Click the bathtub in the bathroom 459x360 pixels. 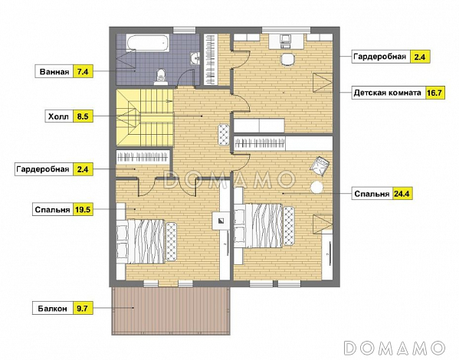click(x=148, y=44)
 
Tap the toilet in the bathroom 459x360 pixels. click(x=160, y=77)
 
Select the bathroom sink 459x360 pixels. click(x=195, y=57)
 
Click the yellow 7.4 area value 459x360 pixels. click(x=83, y=71)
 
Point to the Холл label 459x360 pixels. click(x=58, y=116)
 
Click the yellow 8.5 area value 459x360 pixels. click(x=83, y=116)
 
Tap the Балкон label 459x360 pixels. click(x=52, y=309)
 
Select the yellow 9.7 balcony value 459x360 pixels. click(x=83, y=308)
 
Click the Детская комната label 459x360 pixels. click(x=388, y=93)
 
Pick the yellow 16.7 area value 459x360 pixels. click(x=435, y=93)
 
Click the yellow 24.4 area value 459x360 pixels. click(x=402, y=194)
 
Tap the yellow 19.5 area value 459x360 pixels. click(x=83, y=209)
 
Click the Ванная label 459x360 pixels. click(x=54, y=72)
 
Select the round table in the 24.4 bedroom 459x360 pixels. click(x=316, y=187)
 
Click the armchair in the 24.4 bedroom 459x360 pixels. click(x=320, y=165)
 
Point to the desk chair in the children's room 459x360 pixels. click(x=287, y=60)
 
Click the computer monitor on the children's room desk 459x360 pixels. click(x=285, y=38)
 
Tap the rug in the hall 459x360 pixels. click(x=223, y=134)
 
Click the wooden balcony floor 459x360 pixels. click(x=171, y=310)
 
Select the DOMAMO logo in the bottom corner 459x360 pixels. click(x=394, y=348)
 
